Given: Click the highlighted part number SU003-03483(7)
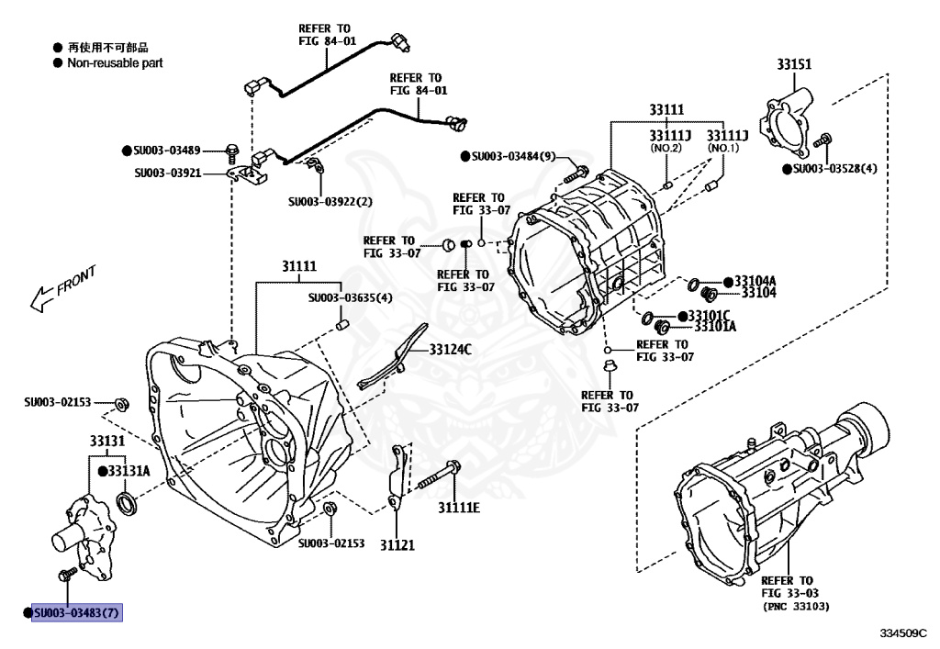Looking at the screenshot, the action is [77, 612].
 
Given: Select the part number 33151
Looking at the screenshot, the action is [794, 64].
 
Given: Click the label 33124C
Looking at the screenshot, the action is [450, 350].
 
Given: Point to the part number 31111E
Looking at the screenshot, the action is [459, 508].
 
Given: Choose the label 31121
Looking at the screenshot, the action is [397, 544].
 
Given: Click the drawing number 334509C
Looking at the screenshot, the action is [903, 633].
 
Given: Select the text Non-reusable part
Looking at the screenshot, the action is [115, 63].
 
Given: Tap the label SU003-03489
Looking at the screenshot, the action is [167, 151].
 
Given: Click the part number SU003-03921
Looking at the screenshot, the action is [168, 173].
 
